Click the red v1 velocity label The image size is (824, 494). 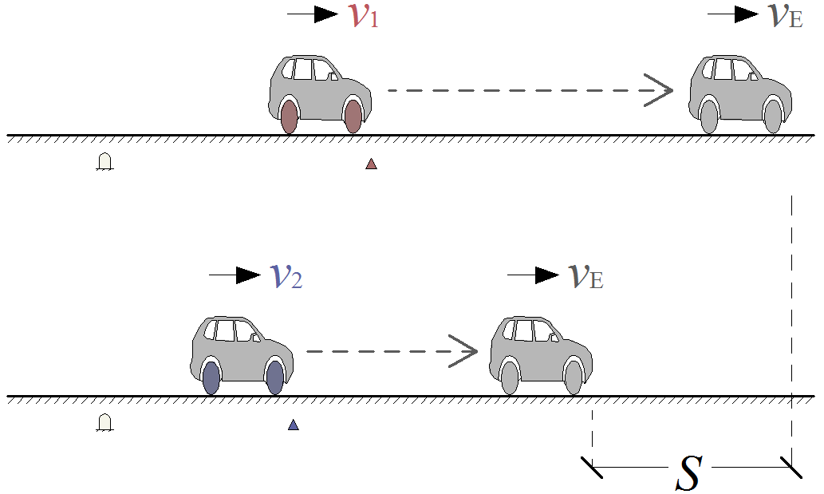coord(363,16)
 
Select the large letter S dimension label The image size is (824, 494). coord(688,472)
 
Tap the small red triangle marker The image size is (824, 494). coord(371,164)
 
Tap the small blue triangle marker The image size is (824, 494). coord(294,425)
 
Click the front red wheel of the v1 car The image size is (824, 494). coord(353,117)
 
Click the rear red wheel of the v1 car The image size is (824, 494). coord(289,117)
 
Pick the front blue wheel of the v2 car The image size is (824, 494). coord(275,377)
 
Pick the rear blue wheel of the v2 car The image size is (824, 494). coord(211,377)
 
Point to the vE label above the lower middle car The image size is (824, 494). coord(585,276)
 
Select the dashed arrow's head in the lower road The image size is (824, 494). coord(467,351)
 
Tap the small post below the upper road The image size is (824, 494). coord(104,162)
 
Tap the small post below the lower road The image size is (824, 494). coord(104,422)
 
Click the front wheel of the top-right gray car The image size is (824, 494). coord(772,117)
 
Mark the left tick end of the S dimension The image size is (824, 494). coord(592,467)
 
